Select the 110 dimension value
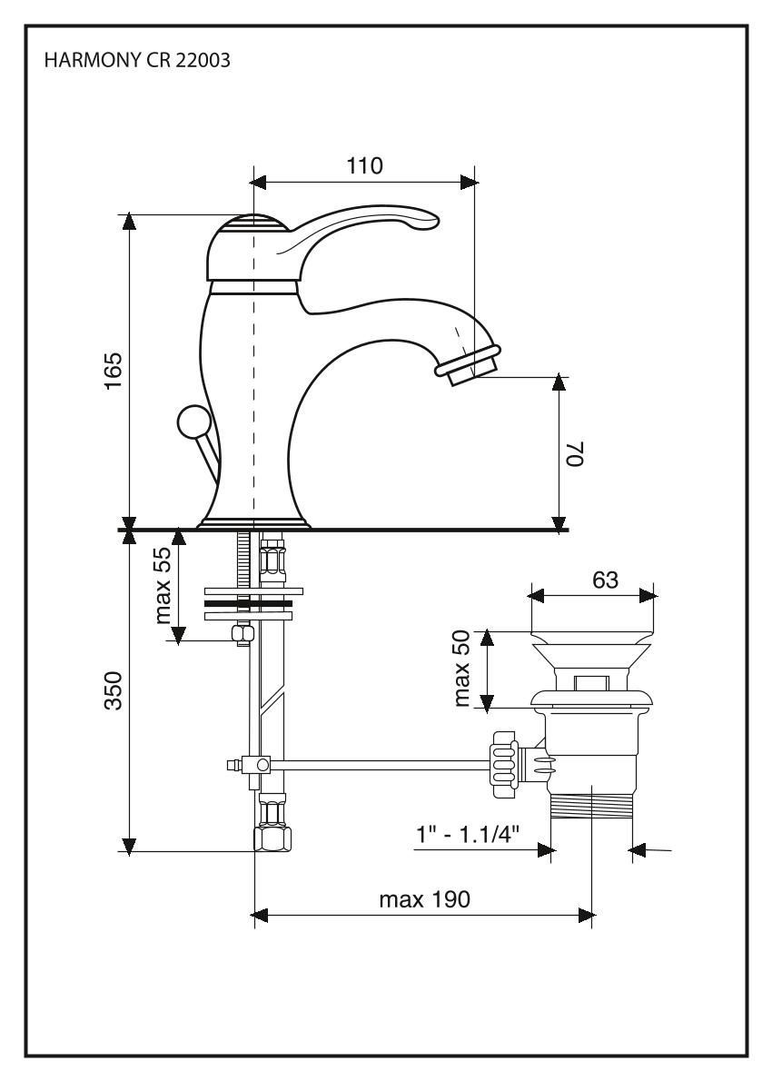coord(364,165)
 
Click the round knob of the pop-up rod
coord(193,422)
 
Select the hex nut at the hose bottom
coord(273,837)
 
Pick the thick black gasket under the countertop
coord(247,602)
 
